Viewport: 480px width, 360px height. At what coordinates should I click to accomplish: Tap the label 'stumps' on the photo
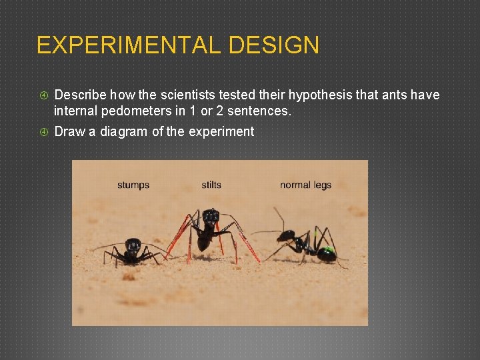(x=133, y=185)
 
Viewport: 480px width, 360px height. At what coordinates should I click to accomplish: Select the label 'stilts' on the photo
(x=211, y=185)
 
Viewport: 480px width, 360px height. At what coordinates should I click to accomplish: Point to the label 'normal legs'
(x=305, y=185)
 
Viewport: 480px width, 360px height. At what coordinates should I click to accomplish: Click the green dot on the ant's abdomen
(x=327, y=253)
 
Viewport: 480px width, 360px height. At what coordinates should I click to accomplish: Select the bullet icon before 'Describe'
(x=43, y=95)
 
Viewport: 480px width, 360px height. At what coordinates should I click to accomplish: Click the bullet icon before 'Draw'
(x=43, y=132)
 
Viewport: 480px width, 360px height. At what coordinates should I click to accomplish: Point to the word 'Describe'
(x=80, y=95)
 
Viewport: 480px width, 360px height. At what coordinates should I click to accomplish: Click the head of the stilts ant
(x=211, y=216)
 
